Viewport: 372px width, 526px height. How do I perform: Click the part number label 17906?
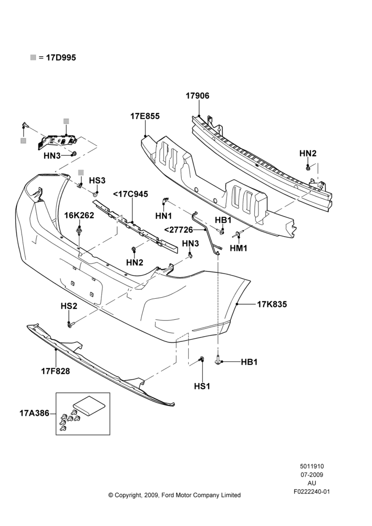(198, 96)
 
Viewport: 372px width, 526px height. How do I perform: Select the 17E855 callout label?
(145, 116)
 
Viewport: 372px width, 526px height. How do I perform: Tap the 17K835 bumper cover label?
(272, 304)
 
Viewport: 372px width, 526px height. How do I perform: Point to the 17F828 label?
(56, 371)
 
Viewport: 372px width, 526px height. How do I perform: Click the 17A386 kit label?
(35, 413)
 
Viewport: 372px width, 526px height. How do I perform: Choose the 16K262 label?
(79, 215)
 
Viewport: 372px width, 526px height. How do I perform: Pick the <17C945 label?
(131, 194)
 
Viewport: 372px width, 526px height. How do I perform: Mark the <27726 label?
(179, 230)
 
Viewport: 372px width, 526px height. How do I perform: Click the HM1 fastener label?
(239, 248)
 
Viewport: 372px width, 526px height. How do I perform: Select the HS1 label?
(202, 386)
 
